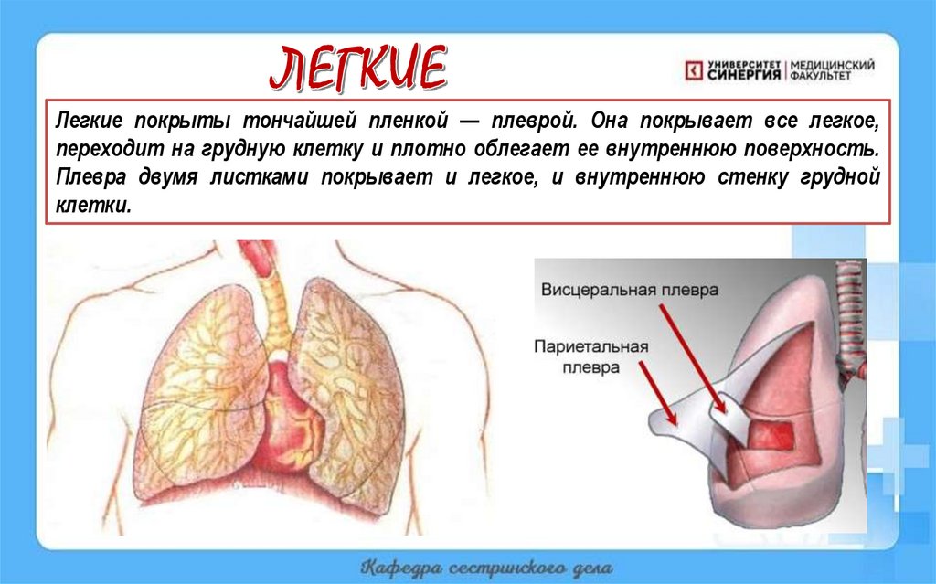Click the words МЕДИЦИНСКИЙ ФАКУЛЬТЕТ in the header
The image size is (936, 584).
pos(831,70)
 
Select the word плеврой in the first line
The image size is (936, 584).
pos(535,121)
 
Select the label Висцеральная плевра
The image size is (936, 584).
pos(630,289)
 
